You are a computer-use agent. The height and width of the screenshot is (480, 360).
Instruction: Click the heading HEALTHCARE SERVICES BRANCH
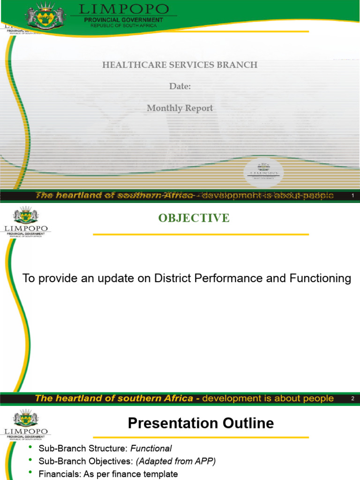pyautogui.click(x=180, y=65)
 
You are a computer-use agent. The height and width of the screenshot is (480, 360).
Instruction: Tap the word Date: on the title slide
pyautogui.click(x=180, y=86)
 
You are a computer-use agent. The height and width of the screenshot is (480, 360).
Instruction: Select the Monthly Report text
pyautogui.click(x=180, y=108)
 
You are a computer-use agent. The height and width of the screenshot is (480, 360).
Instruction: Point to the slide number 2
pyautogui.click(x=352, y=398)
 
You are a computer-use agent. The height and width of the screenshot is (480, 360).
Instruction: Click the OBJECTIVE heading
pyautogui.click(x=194, y=218)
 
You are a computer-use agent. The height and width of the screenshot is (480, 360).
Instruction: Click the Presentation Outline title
pyautogui.click(x=201, y=424)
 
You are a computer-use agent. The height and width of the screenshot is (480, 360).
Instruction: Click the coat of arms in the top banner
pyautogui.click(x=45, y=15)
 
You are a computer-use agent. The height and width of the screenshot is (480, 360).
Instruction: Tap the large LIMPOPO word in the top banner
pyautogui.click(x=124, y=9)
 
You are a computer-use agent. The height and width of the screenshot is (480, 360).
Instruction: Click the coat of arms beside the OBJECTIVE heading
pyautogui.click(x=26, y=215)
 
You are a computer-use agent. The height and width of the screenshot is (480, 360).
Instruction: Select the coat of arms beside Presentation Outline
pyautogui.click(x=26, y=418)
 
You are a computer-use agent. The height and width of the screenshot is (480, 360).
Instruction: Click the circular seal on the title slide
pyautogui.click(x=263, y=172)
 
